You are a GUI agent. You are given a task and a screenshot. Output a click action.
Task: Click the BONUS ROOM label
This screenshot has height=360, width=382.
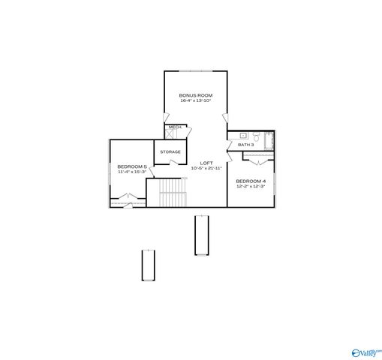pyautogui.click(x=195, y=95)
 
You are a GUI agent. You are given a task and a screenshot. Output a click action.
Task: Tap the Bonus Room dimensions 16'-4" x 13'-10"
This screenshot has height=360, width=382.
pyautogui.click(x=195, y=100)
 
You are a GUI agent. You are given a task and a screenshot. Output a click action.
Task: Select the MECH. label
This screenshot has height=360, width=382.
pyautogui.click(x=175, y=127)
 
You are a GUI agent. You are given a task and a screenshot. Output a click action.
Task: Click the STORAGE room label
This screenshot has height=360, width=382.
pyautogui.click(x=170, y=152)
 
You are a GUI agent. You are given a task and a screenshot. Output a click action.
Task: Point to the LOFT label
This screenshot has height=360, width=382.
pyautogui.click(x=206, y=163)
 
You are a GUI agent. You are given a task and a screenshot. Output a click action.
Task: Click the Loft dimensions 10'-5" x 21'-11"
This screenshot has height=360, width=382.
pyautogui.click(x=206, y=168)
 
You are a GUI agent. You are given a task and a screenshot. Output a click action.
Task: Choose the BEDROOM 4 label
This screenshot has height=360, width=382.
pyautogui.click(x=250, y=181)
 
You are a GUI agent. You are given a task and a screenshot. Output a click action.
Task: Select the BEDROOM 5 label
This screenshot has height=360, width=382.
pyautogui.click(x=131, y=166)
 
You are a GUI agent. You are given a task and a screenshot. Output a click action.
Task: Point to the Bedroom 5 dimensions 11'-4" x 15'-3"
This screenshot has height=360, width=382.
pyautogui.click(x=131, y=172)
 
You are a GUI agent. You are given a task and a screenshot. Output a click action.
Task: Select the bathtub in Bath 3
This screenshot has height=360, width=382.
pyautogui.click(x=269, y=140)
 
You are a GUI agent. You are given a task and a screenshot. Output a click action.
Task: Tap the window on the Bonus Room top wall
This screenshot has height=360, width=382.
pyautogui.click(x=194, y=71)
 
